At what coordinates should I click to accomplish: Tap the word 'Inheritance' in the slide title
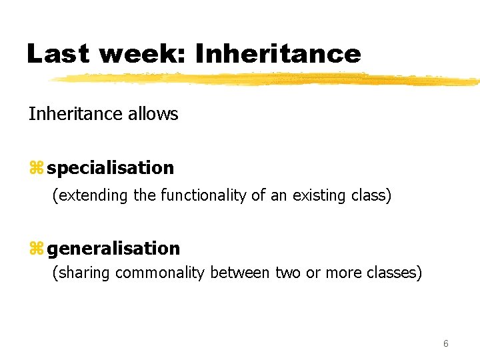pyautogui.click(x=278, y=53)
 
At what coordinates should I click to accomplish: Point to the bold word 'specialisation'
pyautogui.click(x=111, y=168)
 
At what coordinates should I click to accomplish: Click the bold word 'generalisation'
pyautogui.click(x=113, y=249)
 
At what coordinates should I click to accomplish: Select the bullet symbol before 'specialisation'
pyautogui.click(x=35, y=169)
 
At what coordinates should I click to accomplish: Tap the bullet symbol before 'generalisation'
pyautogui.click(x=35, y=249)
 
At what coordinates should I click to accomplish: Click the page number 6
pyautogui.click(x=445, y=344)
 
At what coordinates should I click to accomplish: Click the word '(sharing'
pyautogui.click(x=81, y=273)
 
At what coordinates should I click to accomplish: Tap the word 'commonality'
pyautogui.click(x=160, y=273)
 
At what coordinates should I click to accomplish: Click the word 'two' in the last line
pyautogui.click(x=287, y=273)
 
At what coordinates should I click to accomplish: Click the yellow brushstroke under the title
pyautogui.click(x=267, y=79)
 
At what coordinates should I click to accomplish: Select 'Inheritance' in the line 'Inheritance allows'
pyautogui.click(x=73, y=114)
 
